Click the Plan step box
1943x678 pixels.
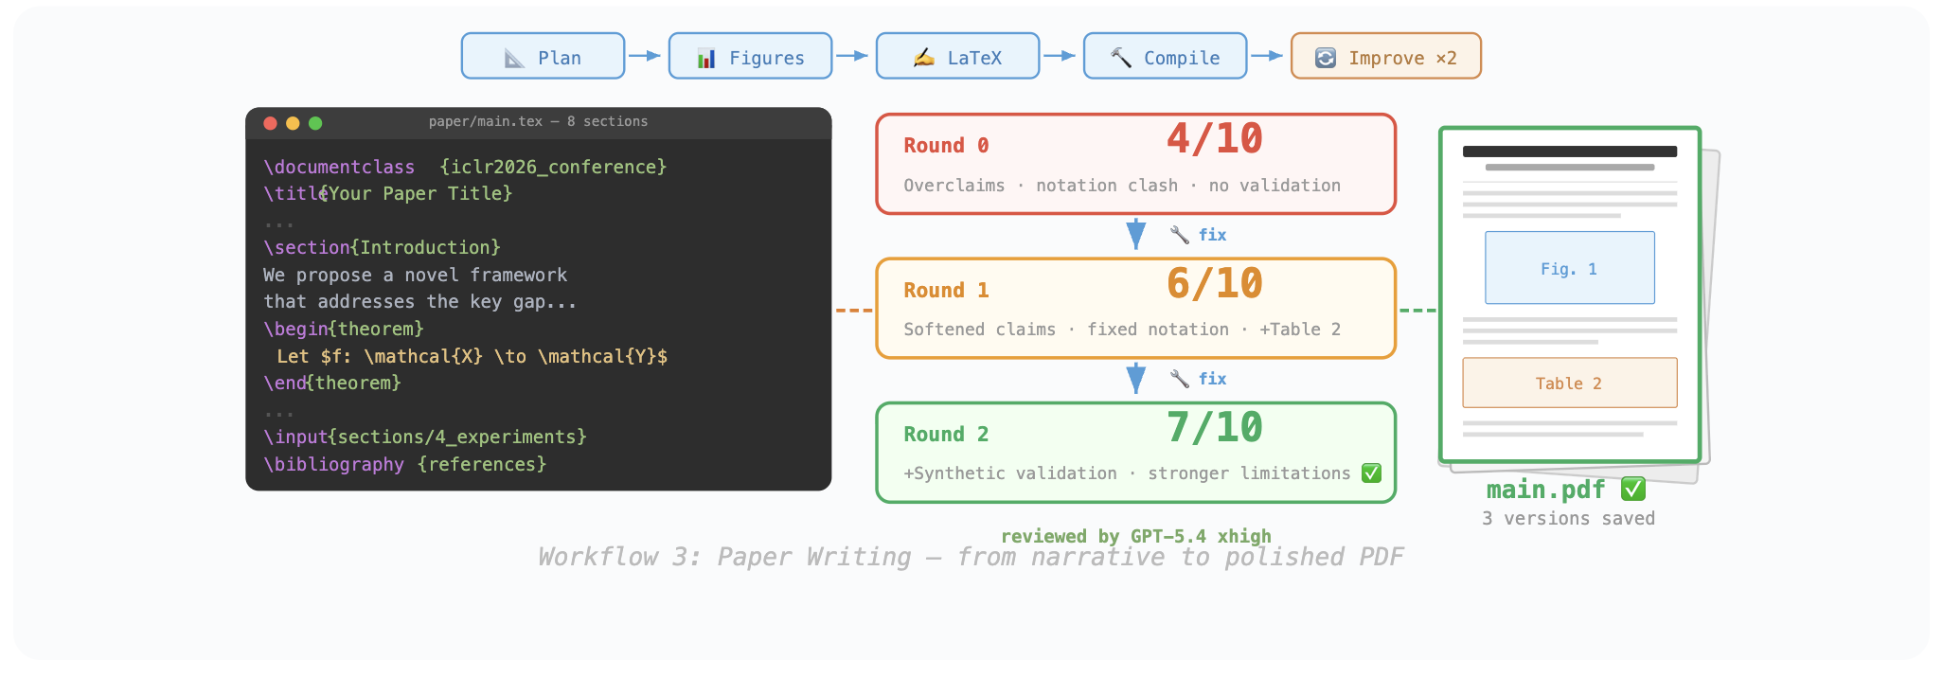[x=543, y=57]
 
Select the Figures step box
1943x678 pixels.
[x=750, y=57]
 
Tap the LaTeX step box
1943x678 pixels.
[x=957, y=57]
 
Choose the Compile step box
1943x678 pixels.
[x=1165, y=57]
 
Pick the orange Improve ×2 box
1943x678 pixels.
[x=1385, y=57]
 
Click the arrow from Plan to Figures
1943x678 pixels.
[x=645, y=56]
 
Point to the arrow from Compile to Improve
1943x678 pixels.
[x=1267, y=56]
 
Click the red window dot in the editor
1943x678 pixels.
[x=270, y=123]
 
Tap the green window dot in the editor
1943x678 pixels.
[x=315, y=123]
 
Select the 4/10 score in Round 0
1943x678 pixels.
[x=1214, y=139]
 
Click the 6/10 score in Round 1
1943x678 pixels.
[x=1214, y=283]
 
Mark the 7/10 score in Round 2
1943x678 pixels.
[x=1214, y=427]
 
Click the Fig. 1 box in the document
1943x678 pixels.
[x=1569, y=268]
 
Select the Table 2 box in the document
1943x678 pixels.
[x=1569, y=383]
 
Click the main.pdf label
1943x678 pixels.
[x=1546, y=490]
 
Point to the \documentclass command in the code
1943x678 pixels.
[x=339, y=167]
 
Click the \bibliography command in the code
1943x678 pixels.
[x=333, y=464]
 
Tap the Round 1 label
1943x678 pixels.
[x=946, y=290]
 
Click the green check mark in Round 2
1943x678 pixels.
[x=1371, y=473]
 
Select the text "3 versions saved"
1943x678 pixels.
[x=1568, y=518]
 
